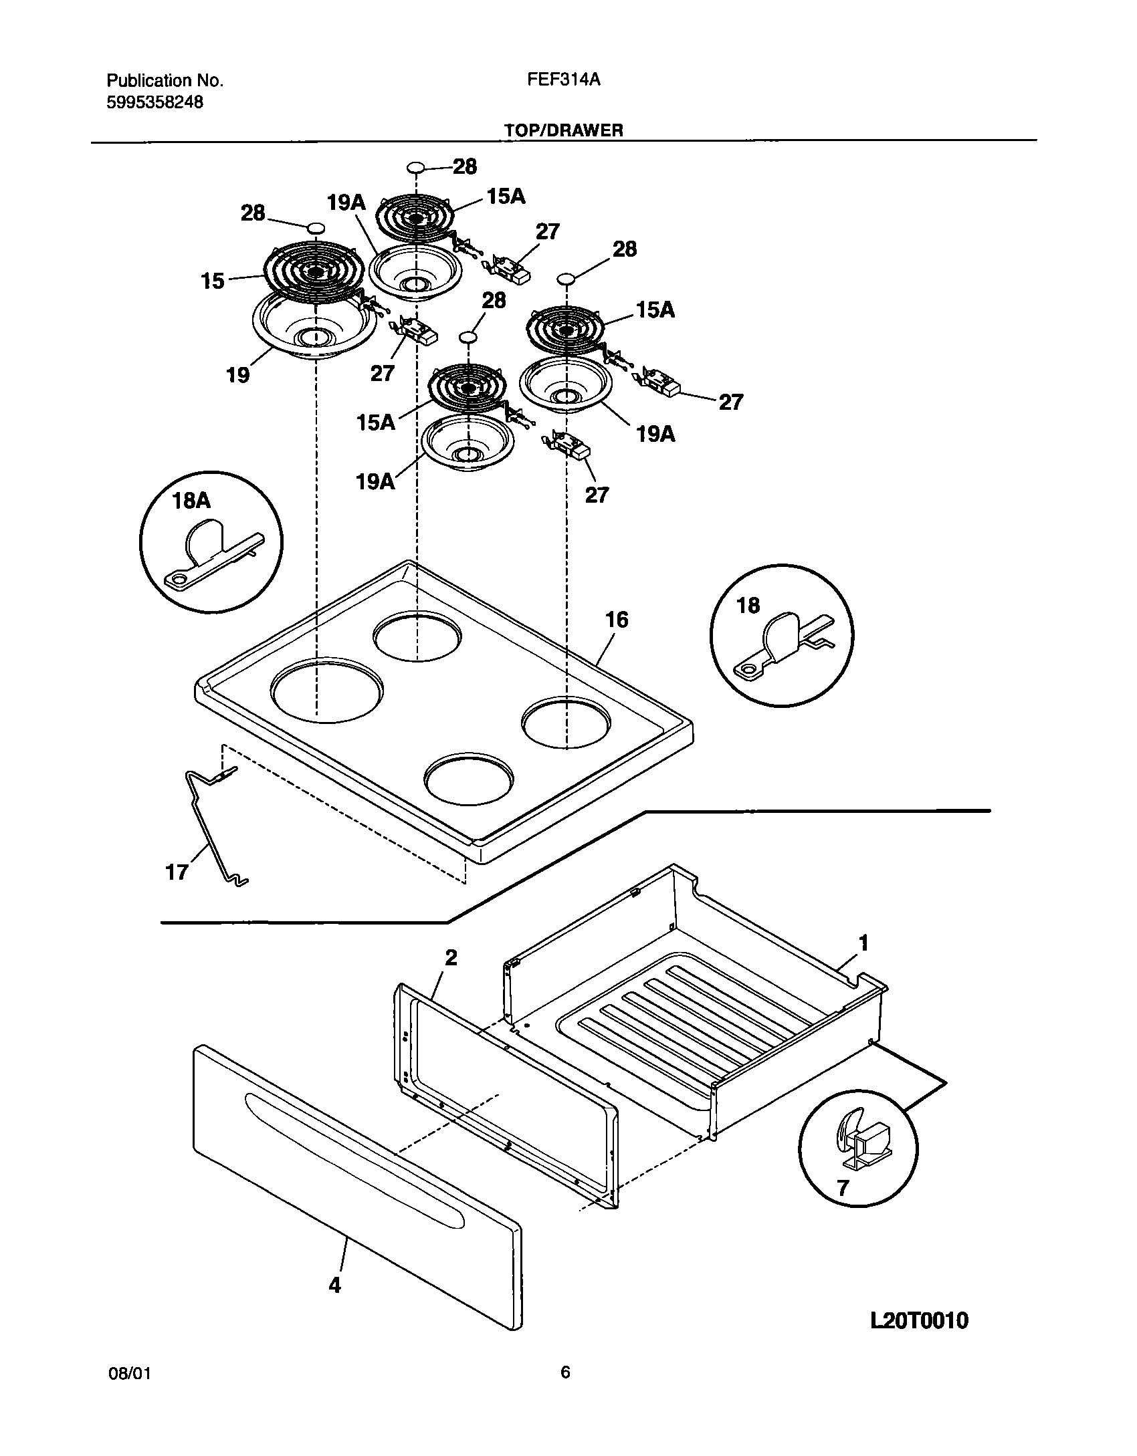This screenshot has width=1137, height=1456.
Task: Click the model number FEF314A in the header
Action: click(563, 80)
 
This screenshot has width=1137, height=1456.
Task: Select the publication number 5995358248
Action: click(155, 102)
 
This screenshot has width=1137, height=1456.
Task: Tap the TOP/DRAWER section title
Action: click(564, 130)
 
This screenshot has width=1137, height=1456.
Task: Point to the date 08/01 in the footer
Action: click(128, 1373)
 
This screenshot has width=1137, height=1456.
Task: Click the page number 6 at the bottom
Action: click(565, 1372)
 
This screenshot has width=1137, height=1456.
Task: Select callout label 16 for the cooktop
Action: click(617, 620)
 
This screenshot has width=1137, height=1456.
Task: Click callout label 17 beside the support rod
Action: click(177, 872)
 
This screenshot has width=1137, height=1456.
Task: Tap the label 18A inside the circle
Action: click(191, 501)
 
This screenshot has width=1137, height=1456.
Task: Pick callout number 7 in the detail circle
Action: click(843, 1187)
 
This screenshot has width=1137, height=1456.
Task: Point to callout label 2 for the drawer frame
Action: click(451, 957)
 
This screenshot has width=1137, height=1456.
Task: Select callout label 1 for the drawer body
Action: click(863, 943)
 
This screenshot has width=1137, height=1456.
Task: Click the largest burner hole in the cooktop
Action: click(328, 689)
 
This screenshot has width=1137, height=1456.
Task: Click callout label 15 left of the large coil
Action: click(213, 281)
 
